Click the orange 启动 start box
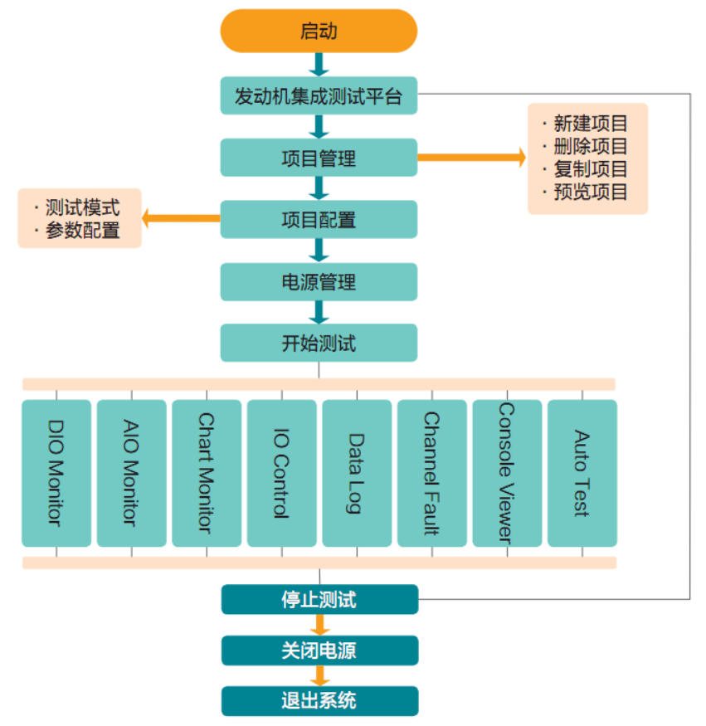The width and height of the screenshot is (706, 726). coord(319,32)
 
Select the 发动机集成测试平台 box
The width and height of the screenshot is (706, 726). coord(319,95)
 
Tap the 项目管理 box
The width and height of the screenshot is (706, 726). coord(319,158)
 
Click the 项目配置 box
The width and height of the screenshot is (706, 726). coord(319,220)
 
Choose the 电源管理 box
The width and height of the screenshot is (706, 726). coord(319,282)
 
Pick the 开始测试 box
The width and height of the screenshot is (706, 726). coord(319,343)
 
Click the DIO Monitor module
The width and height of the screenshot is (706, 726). coord(56,473)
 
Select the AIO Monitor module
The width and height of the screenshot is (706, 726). coord(131,473)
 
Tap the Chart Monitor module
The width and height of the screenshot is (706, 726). coord(207,473)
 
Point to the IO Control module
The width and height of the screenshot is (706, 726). coord(281,473)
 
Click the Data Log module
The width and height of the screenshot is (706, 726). coord(357,473)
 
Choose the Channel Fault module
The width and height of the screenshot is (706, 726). coord(431,473)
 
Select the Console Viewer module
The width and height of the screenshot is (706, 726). coord(507,473)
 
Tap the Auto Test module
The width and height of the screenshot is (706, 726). coord(582,473)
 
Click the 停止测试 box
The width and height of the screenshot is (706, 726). coord(319,599)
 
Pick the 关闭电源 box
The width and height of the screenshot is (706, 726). coord(319,650)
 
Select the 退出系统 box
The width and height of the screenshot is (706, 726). coord(319,701)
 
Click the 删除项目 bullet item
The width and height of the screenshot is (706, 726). coord(590,147)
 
